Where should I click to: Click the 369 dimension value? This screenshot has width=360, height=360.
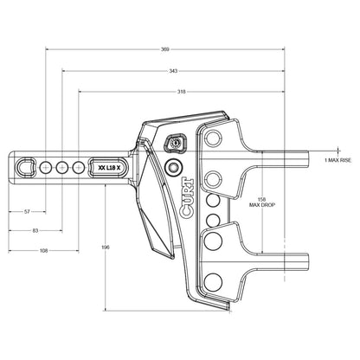(x=164, y=50)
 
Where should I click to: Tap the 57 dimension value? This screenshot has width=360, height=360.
(x=27, y=211)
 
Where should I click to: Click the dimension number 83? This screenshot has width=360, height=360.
(x=34, y=230)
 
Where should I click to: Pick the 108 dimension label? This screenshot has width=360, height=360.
(x=43, y=250)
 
